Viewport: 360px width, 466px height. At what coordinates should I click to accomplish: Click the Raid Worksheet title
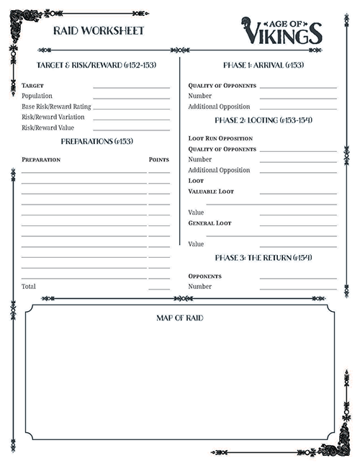pyautogui.click(x=99, y=31)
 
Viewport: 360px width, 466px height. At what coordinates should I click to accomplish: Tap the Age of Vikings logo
pyautogui.click(x=282, y=30)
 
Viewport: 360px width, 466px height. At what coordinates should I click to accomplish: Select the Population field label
pyautogui.click(x=37, y=96)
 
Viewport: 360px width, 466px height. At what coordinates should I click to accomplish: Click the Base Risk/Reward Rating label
pyautogui.click(x=56, y=107)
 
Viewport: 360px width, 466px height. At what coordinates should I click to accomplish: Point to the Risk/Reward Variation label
pyautogui.click(x=53, y=117)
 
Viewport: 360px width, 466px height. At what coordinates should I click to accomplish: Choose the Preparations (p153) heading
pyautogui.click(x=97, y=141)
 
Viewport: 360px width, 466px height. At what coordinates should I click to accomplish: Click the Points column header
pyautogui.click(x=158, y=159)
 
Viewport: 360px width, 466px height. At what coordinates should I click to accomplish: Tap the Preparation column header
pyautogui.click(x=41, y=159)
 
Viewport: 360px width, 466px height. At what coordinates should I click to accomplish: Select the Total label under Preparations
pyautogui.click(x=29, y=286)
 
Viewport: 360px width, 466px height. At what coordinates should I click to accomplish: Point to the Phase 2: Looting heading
pyautogui.click(x=263, y=120)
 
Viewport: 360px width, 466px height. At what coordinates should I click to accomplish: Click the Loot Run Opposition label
pyautogui.click(x=220, y=138)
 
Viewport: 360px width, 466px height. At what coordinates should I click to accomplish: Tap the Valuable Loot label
pyautogui.click(x=211, y=192)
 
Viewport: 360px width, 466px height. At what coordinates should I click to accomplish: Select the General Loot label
pyautogui.click(x=210, y=223)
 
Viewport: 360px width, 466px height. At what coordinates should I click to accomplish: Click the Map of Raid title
pyautogui.click(x=179, y=318)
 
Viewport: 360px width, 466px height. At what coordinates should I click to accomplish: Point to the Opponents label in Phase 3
pyautogui.click(x=204, y=276)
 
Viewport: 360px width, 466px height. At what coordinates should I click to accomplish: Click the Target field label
pyautogui.click(x=33, y=86)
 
